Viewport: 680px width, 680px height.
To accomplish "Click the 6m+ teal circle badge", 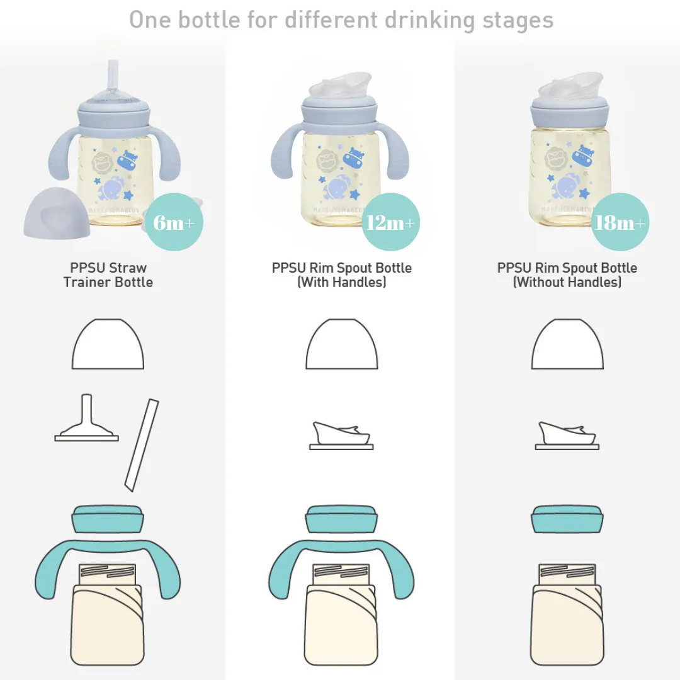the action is coord(174,222).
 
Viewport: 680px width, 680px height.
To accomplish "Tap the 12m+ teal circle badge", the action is coord(390,222).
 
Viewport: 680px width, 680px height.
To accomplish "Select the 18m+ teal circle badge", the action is coord(620,222).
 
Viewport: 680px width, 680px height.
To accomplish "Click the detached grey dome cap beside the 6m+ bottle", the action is coord(57,213).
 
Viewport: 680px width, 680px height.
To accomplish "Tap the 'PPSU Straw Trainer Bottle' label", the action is coord(108,275).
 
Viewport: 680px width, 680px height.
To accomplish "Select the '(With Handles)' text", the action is coord(342,282).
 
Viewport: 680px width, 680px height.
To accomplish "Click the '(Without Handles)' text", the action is coord(567,282).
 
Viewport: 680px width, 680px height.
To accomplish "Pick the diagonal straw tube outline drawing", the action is coord(142,445).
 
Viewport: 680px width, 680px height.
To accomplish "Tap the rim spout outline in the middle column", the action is coord(341,436).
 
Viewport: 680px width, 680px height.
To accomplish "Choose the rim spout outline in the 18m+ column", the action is coord(567,436).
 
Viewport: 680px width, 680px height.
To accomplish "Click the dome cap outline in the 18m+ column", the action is coord(567,344).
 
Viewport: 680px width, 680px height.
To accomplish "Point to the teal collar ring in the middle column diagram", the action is coord(341,519).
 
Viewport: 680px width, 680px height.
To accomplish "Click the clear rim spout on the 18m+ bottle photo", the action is coord(570,86).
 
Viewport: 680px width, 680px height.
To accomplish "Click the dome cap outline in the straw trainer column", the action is coord(108,344).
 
